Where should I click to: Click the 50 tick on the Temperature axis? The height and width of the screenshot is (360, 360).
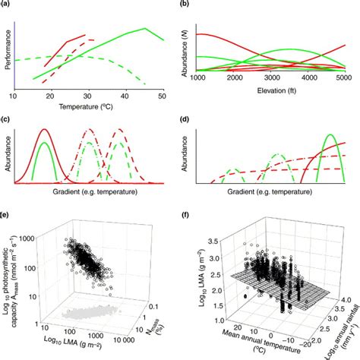(163, 96)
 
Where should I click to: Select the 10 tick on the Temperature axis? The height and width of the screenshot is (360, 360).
(13, 96)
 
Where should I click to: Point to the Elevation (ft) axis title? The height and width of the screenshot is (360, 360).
(270, 90)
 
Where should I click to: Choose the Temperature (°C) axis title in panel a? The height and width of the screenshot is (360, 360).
(88, 106)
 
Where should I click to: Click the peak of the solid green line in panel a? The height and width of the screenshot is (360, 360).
(144, 29)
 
